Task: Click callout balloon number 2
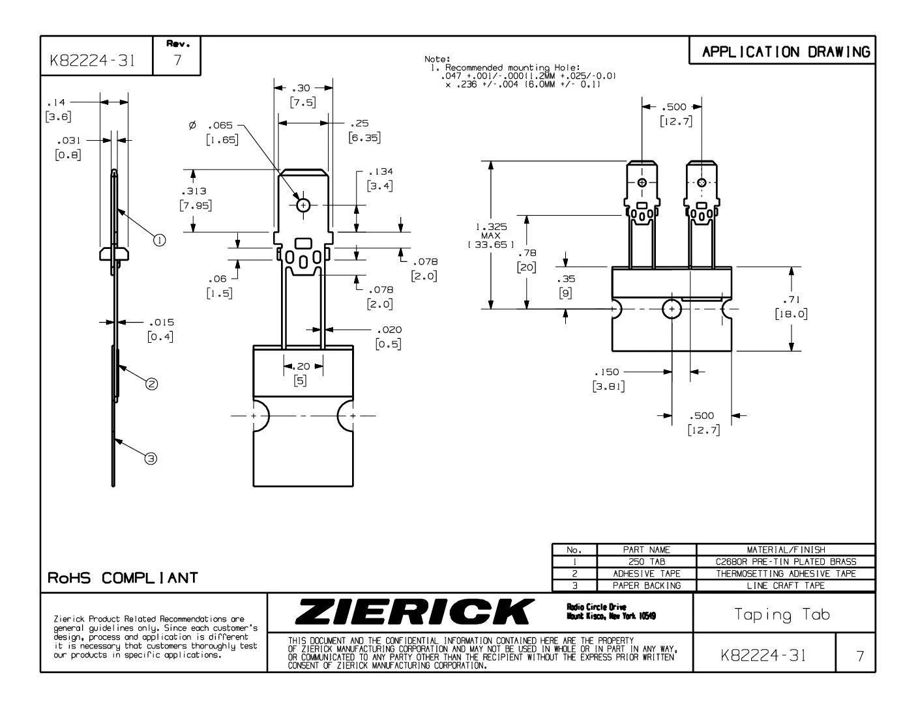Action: pyautogui.click(x=151, y=384)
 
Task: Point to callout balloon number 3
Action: pyautogui.click(x=151, y=458)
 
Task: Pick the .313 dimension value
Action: pyautogui.click(x=195, y=191)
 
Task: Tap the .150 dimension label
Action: pyautogui.click(x=606, y=372)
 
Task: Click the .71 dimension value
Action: pyautogui.click(x=791, y=300)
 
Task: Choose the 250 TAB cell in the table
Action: pyautogui.click(x=646, y=562)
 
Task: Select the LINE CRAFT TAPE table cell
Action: pyautogui.click(x=785, y=585)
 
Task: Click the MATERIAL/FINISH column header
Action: pyautogui.click(x=785, y=550)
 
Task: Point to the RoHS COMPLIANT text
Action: pyautogui.click(x=123, y=578)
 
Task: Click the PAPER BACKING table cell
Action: pyautogui.click(x=646, y=585)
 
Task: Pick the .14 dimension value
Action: pyautogui.click(x=53, y=102)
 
